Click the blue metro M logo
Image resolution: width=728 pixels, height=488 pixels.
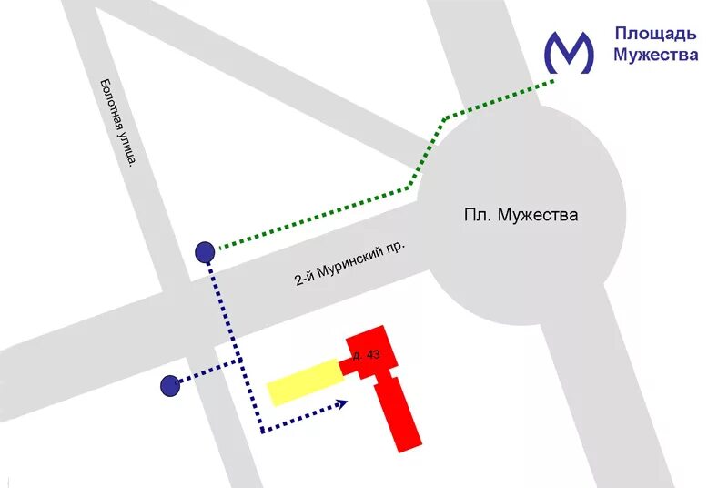coord(569,52)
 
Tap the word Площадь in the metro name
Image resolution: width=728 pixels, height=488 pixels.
coord(655,35)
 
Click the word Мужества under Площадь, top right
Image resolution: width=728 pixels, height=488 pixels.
coord(655,55)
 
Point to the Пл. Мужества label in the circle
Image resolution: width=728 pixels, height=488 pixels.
coord(521,216)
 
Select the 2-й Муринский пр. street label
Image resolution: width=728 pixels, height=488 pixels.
coord(349,264)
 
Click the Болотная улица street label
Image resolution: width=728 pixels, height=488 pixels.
coord(118,122)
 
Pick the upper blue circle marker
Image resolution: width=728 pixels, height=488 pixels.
coord(206,251)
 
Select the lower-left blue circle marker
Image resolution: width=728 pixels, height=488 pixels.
coord(169,386)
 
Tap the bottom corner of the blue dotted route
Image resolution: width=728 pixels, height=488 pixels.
coord(262,431)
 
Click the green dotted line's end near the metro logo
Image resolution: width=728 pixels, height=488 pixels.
coord(551,82)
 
